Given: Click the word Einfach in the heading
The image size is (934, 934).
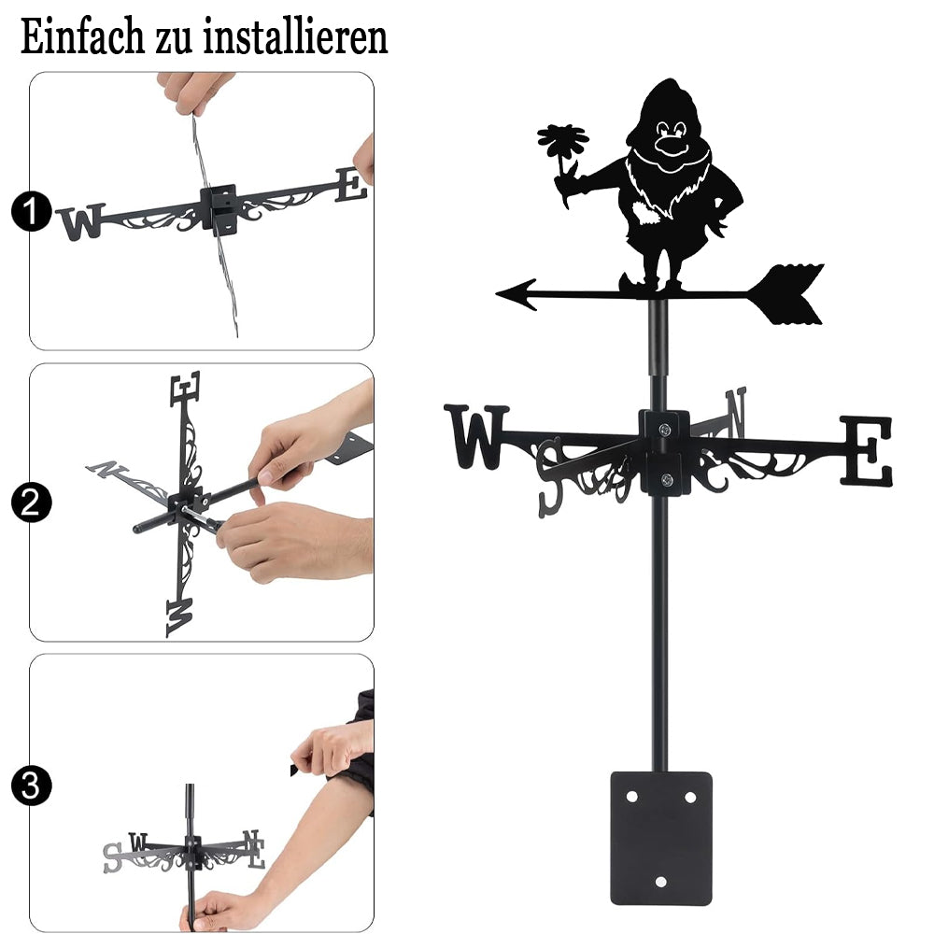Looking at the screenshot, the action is (x=82, y=36).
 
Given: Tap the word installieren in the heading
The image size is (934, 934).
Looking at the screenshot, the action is (x=295, y=36).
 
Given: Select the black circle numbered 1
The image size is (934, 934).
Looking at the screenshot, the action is (x=32, y=211).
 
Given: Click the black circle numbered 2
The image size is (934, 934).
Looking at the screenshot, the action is (x=32, y=502).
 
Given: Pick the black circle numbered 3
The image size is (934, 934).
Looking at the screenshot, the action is (x=32, y=785).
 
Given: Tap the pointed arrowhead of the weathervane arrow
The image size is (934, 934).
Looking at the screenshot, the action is (x=517, y=293).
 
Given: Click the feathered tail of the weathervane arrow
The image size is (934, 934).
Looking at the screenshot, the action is (x=786, y=294).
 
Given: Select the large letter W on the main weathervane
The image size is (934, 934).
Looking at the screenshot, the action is (x=476, y=436).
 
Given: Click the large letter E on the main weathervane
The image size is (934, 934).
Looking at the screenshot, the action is (x=866, y=451).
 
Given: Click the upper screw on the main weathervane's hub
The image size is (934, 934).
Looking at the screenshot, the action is (x=664, y=429).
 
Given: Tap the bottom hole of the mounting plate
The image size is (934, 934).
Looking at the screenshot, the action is (x=660, y=882).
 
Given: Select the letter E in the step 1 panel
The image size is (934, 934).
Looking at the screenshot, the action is (x=351, y=185).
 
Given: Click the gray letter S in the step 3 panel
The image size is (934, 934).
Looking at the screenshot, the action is (x=112, y=858).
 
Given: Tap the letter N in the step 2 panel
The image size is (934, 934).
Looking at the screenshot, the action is (x=107, y=469).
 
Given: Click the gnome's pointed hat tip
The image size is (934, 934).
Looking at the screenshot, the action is (x=671, y=80).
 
